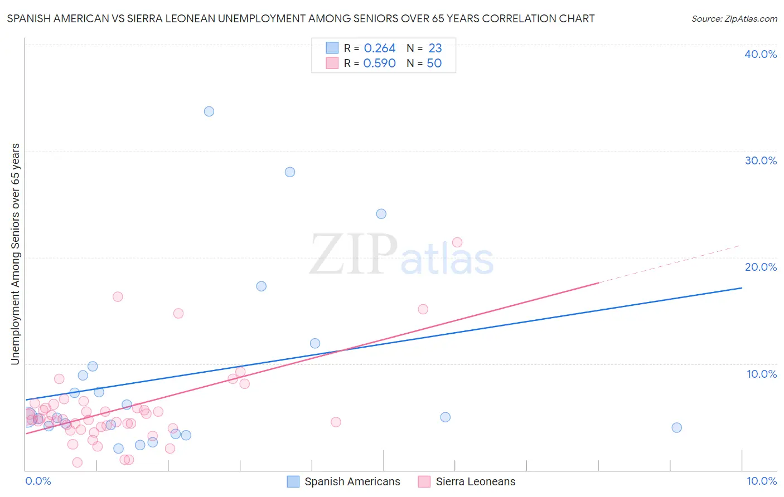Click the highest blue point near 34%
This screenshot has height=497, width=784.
[209, 111]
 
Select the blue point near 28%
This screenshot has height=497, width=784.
[290, 172]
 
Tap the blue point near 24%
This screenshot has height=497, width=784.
[381, 214]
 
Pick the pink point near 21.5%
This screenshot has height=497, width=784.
[457, 242]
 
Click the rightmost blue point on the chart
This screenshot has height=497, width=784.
[677, 428]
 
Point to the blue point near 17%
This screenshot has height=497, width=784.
[262, 286]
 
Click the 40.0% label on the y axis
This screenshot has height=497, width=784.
[761, 54]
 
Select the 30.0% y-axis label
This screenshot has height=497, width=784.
[761, 160]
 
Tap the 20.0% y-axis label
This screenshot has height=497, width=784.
[761, 267]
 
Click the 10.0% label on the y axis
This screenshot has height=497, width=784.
[762, 374]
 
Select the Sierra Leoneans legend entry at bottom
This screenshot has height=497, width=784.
[475, 482]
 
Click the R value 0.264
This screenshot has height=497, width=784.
[380, 48]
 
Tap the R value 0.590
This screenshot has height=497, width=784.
[380, 64]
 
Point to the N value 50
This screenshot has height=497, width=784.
[434, 64]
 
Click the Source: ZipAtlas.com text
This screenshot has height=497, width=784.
[734, 19]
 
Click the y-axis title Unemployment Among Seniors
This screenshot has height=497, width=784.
[15, 254]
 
